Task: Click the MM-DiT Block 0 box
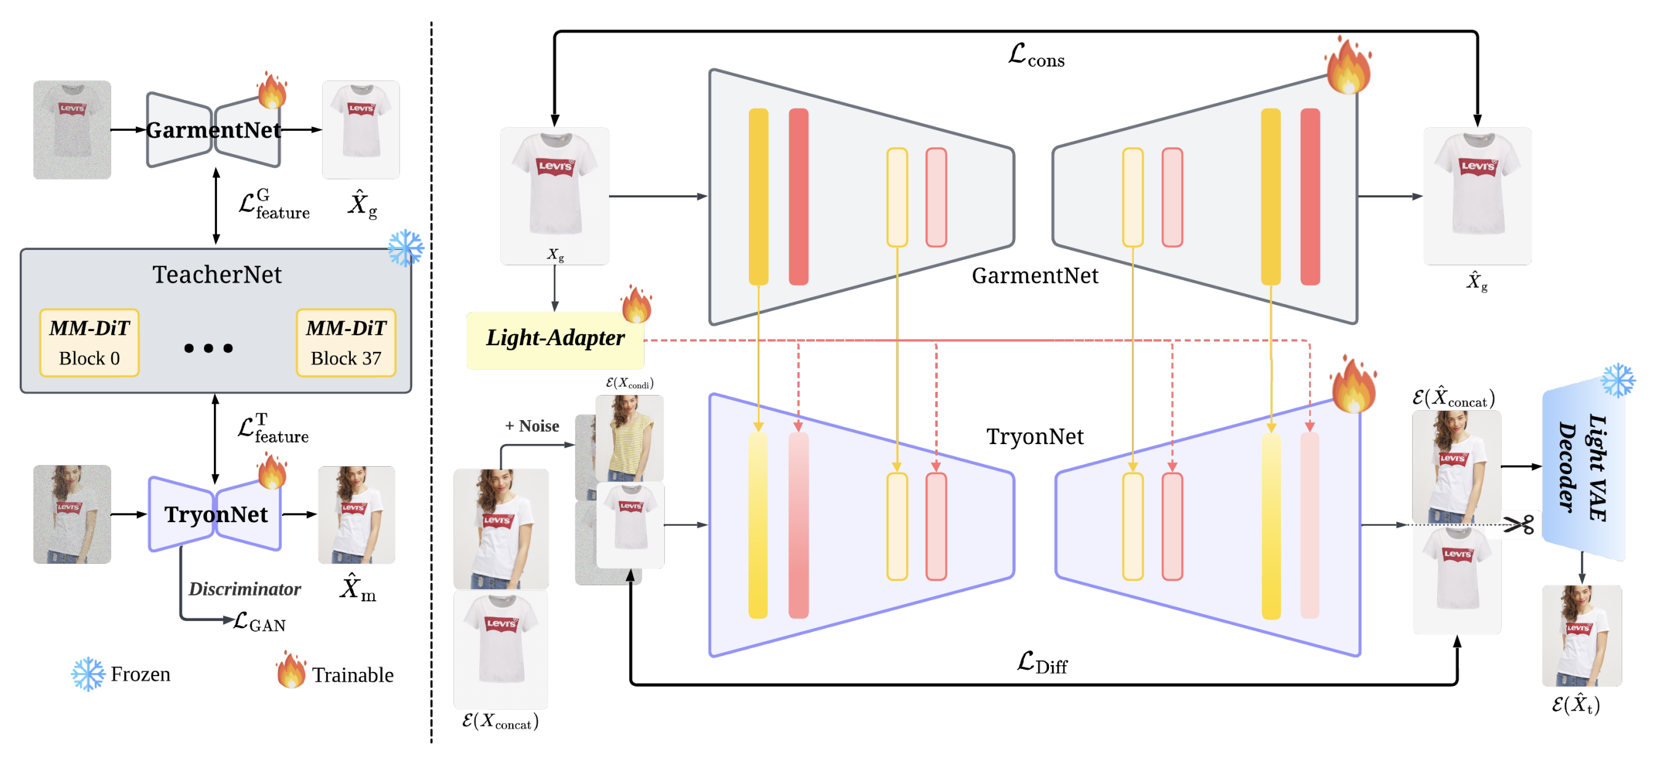(89, 343)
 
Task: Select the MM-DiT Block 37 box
(346, 343)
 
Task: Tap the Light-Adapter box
(555, 340)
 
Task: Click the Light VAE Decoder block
(1584, 468)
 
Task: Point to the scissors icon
(1518, 524)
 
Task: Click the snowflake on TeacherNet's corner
(406, 248)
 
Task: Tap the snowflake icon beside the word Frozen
(88, 674)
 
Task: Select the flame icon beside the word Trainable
(291, 671)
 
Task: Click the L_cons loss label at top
(1035, 55)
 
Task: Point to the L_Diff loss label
(1042, 662)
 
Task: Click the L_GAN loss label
(259, 621)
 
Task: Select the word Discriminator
(245, 589)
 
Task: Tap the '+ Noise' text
(532, 426)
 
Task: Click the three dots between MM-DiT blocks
(208, 348)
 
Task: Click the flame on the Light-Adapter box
(637, 303)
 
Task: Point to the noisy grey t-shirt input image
(72, 130)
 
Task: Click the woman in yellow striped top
(629, 437)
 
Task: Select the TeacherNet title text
(217, 275)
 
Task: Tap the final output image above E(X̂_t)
(1582, 636)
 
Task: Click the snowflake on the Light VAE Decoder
(1618, 380)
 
